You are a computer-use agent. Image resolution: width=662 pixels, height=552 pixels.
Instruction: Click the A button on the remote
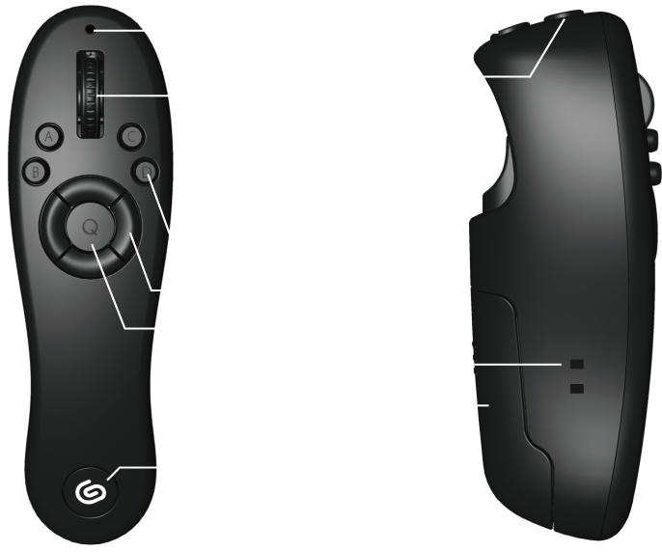pyautogui.click(x=48, y=138)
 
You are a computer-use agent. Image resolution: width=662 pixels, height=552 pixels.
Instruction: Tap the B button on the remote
pyautogui.click(x=36, y=172)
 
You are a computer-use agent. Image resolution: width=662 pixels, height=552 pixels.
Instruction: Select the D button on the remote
pyautogui.click(x=145, y=172)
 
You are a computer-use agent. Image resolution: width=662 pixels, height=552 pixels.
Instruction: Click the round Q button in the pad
pyautogui.click(x=90, y=228)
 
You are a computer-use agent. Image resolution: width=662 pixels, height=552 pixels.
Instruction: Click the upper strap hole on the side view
pyautogui.click(x=577, y=364)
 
